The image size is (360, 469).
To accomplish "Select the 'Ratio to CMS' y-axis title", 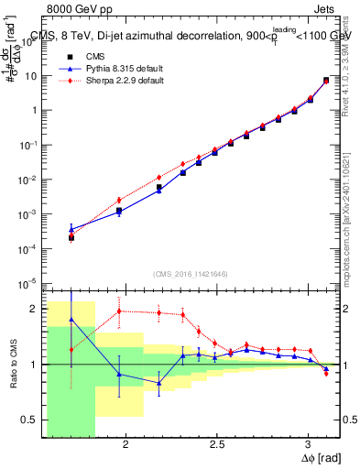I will (13, 364).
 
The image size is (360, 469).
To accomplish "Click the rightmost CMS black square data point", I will (326, 81).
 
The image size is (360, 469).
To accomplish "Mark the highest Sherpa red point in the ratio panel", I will (118, 311).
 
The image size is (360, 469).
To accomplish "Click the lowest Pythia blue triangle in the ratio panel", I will (158, 383).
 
